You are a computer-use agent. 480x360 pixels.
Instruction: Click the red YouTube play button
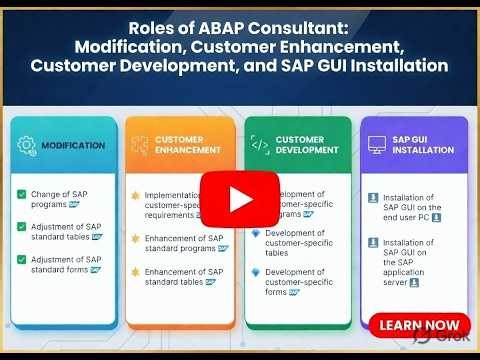click(240, 198)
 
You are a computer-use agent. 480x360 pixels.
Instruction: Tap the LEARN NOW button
click(420, 325)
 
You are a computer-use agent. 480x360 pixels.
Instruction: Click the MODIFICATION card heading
click(73, 145)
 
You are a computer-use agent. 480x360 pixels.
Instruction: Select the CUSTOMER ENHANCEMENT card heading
click(189, 146)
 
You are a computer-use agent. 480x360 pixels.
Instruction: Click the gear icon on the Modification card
click(27, 145)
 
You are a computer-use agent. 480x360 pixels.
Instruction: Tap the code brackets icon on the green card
click(259, 146)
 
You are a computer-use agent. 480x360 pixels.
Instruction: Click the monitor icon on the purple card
click(377, 146)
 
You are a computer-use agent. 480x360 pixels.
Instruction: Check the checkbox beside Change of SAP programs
click(21, 194)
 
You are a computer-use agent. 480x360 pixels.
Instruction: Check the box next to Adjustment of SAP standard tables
click(21, 227)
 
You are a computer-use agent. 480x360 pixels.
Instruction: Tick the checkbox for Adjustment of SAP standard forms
click(21, 260)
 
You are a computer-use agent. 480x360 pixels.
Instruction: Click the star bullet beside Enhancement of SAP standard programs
click(135, 239)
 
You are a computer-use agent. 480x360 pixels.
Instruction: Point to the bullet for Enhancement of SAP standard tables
click(135, 272)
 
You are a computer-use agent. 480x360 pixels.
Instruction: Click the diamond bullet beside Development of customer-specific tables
click(255, 233)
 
